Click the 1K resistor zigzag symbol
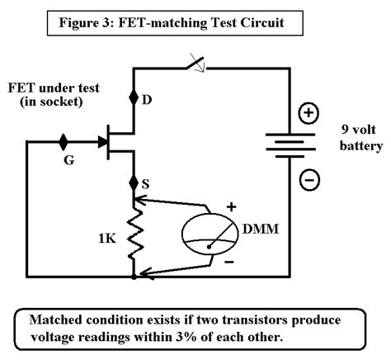coord(134,234)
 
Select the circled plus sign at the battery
coord(308,115)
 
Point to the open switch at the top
coord(195,62)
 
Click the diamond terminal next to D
coord(134,98)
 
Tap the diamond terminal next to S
coord(134,182)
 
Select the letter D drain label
coord(149,102)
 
